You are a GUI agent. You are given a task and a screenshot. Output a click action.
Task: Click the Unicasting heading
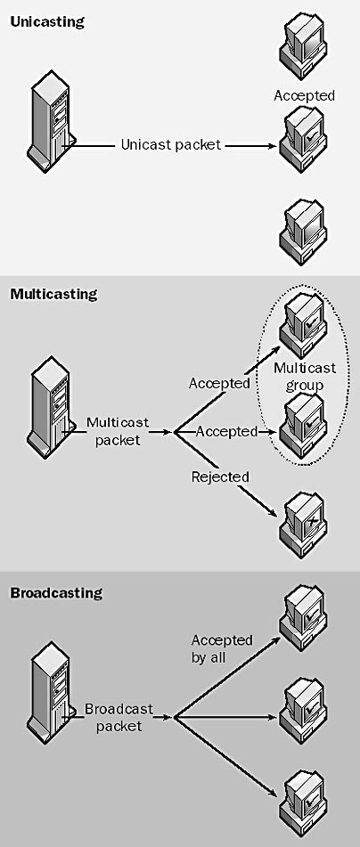[47, 22]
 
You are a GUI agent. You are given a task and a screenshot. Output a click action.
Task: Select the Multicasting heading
[53, 295]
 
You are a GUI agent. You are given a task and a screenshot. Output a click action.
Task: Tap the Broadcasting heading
[56, 592]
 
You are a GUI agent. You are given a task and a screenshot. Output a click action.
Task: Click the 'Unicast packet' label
[171, 144]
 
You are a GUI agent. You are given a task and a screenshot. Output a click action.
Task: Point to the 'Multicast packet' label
[118, 431]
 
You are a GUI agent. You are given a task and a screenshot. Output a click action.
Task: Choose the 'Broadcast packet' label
[119, 717]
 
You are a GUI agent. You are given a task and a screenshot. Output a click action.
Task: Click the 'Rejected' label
[220, 477]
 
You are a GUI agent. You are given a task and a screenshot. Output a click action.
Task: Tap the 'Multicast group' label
[305, 377]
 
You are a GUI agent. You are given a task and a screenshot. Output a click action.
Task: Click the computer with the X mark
[303, 517]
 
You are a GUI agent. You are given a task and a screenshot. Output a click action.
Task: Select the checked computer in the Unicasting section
[303, 139]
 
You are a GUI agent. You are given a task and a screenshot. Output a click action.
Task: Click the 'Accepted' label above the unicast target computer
[305, 95]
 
